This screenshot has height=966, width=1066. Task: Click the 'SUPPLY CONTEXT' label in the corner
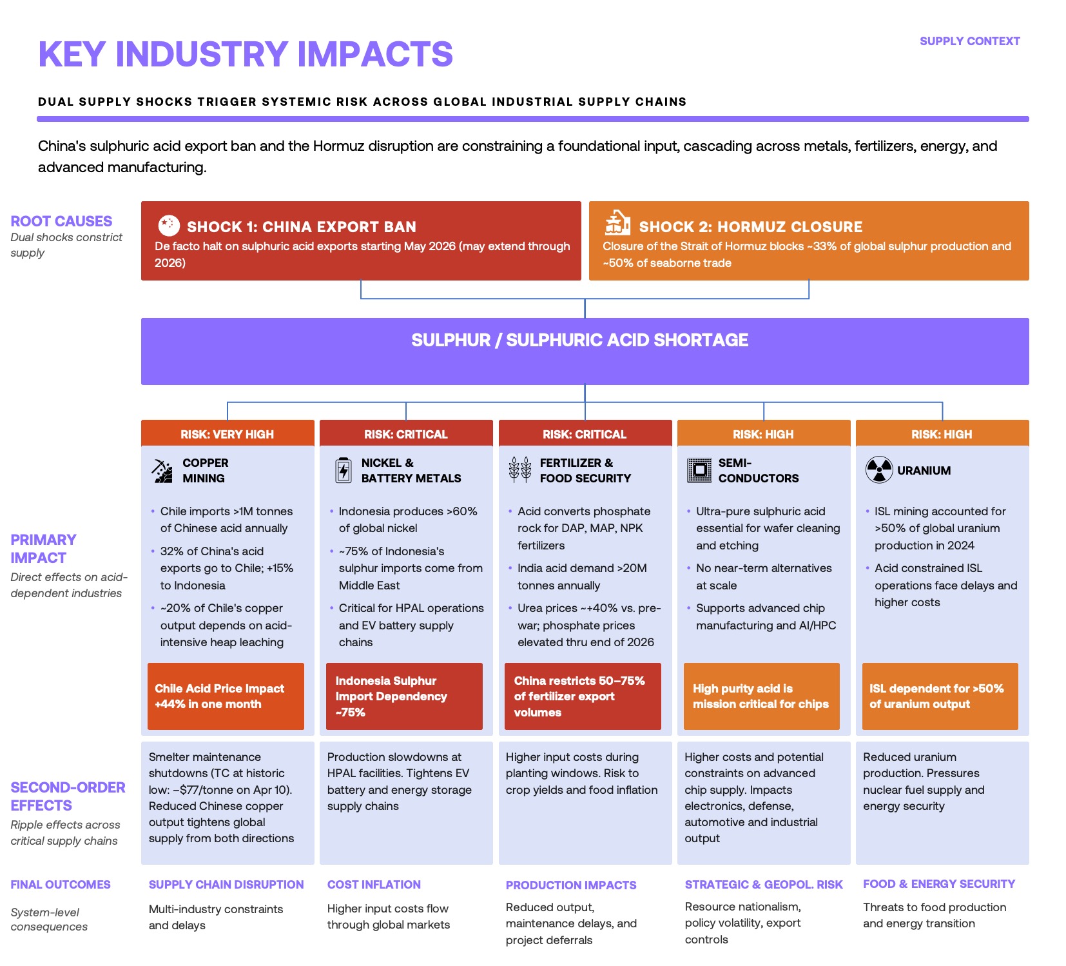coord(969,41)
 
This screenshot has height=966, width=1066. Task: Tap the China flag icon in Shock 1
coord(168,225)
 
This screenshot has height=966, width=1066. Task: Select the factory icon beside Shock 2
coord(617,223)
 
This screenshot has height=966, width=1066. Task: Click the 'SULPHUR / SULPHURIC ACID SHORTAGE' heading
coord(579,340)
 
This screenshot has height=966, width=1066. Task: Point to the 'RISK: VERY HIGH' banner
coord(227,434)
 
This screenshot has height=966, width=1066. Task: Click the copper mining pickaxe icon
coord(162,471)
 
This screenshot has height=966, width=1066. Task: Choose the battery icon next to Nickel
coord(344,470)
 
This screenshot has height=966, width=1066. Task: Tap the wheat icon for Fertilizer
coord(519,469)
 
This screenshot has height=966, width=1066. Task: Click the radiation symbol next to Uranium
coord(878,469)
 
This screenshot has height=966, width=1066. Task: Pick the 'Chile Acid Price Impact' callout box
coord(226,696)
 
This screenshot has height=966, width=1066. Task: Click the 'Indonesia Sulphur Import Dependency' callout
coord(404,696)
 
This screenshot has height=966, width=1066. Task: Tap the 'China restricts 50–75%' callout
coord(583,696)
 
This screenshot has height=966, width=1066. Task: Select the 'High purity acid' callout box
coord(761,696)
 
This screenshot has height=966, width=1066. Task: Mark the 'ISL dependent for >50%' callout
coord(940,696)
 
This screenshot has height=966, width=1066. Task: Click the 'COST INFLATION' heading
coord(374,885)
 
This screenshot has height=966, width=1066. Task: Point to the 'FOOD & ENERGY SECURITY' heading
coord(938,884)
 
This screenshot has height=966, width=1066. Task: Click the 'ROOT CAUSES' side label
coord(61,221)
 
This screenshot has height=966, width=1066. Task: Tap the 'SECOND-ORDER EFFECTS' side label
coord(68,796)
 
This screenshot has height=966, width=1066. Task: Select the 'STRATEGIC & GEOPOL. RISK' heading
coord(763,885)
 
